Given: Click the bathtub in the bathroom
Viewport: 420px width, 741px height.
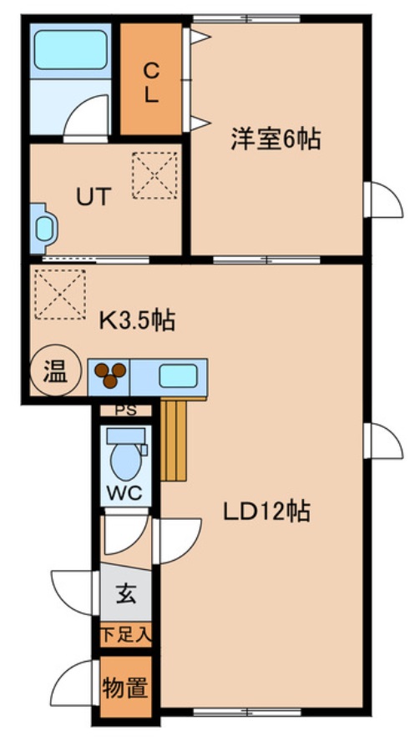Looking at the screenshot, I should coord(70,52).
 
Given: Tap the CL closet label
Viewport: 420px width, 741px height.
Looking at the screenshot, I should coord(151,81).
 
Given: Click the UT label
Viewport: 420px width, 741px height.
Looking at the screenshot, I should coord(94,197).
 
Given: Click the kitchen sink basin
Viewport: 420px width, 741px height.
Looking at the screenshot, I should coord(177,376).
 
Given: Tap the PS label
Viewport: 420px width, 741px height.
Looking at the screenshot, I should coord(126,410).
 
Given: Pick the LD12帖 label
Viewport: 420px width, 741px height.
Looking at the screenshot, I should coord(266,510).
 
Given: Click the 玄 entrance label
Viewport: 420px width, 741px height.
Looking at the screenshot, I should coord(126,595).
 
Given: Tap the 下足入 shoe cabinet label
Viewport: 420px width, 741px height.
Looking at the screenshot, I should coord(126,635).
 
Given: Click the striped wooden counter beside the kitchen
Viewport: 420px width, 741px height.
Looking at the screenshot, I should coord(175,438).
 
